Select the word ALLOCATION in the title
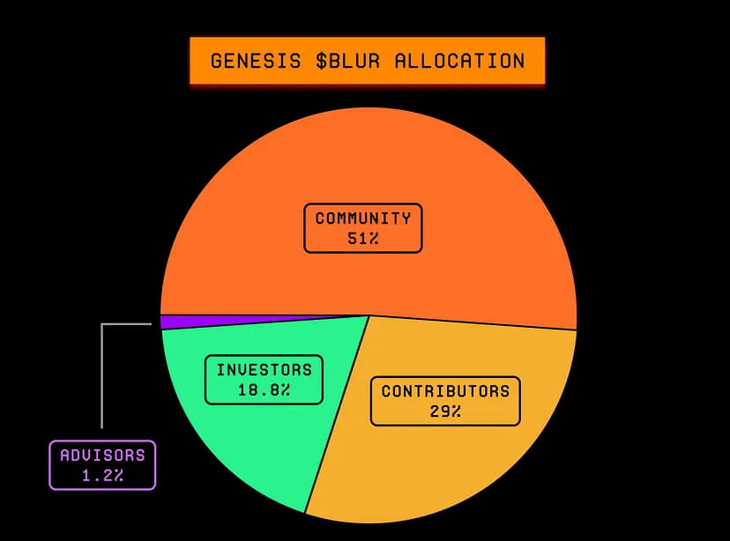point(458,61)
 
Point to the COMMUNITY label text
point(363,219)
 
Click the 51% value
point(363,239)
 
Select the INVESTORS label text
point(264,369)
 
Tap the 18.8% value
point(264,389)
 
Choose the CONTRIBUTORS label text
point(445,391)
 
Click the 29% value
point(445,411)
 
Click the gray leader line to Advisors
point(102,379)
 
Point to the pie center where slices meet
point(368,315)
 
